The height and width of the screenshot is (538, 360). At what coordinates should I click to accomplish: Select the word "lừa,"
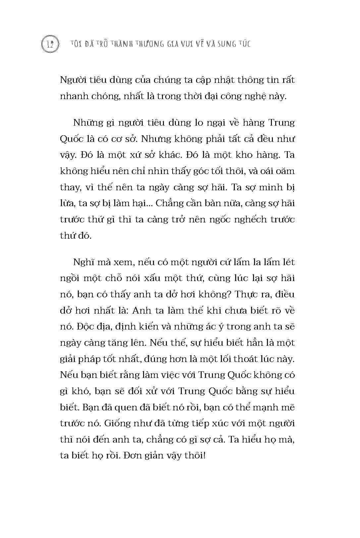coord(68,203)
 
